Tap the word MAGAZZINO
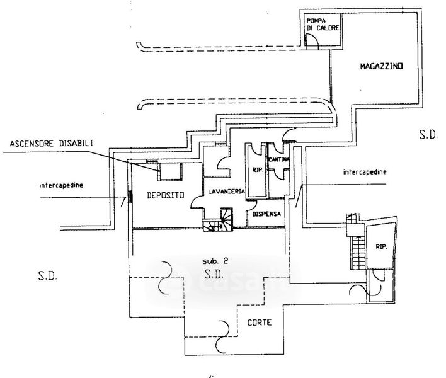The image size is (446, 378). (x=382, y=66)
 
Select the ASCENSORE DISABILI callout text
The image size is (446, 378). (x=52, y=144)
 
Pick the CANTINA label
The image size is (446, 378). (x=279, y=160)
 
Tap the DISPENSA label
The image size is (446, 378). (x=265, y=214)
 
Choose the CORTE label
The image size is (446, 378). (x=259, y=323)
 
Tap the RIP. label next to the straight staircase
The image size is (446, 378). (x=381, y=247)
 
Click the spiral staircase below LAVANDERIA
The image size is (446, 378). (x=217, y=220)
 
